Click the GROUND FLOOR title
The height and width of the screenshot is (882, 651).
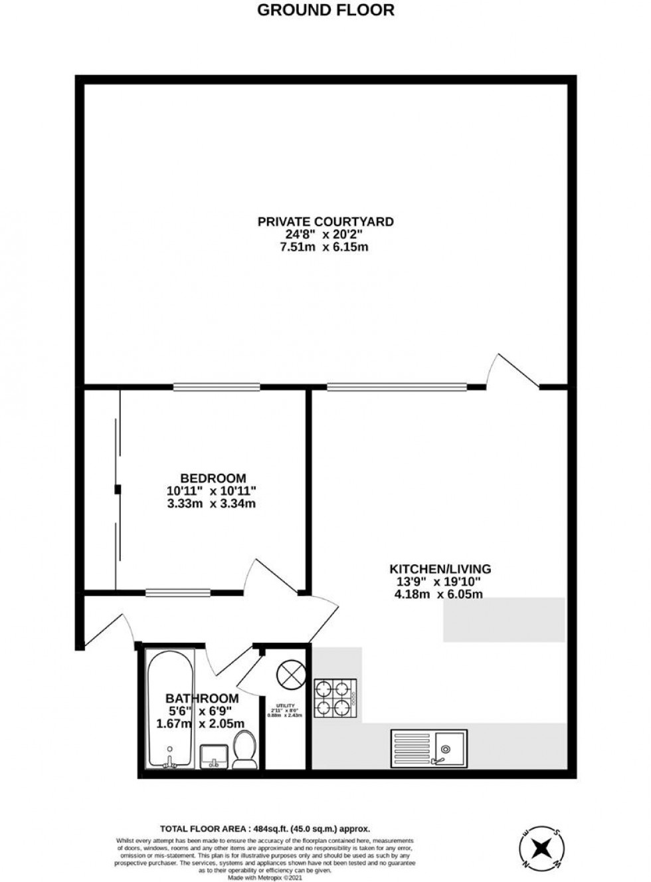[325, 10]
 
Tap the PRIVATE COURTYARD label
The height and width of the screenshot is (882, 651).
[325, 221]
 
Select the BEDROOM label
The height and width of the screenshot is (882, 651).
[213, 478]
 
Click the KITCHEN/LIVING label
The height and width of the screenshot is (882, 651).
[440, 569]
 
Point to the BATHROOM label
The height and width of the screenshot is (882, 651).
[201, 699]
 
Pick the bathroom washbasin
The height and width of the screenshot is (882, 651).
[215, 756]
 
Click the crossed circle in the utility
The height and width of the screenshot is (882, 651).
[290, 675]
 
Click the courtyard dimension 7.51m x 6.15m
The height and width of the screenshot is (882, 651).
[325, 247]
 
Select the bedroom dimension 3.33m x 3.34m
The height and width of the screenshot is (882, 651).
[211, 504]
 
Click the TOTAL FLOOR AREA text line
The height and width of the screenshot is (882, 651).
[264, 829]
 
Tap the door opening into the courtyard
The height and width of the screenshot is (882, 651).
[512, 372]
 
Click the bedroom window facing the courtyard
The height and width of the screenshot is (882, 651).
[217, 386]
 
